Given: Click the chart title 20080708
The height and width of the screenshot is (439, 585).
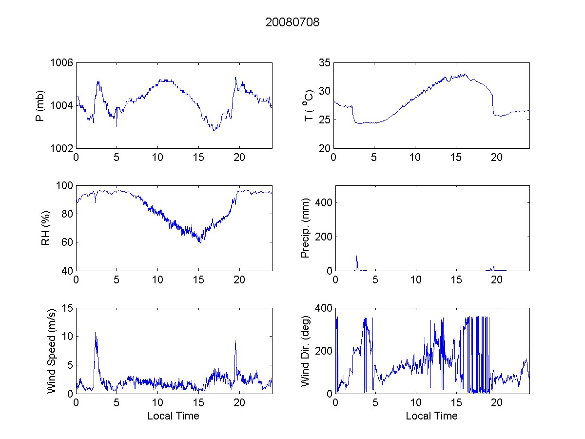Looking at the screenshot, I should pyautogui.click(x=292, y=22).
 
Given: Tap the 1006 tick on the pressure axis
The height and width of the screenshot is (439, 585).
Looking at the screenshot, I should pyautogui.click(x=62, y=63).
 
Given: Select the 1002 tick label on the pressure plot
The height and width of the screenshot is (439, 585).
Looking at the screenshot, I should pyautogui.click(x=62, y=148).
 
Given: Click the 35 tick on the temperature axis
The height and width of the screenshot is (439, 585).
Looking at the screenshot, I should pyautogui.click(x=325, y=63).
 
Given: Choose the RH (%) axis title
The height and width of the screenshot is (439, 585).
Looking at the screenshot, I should pyautogui.click(x=46, y=228).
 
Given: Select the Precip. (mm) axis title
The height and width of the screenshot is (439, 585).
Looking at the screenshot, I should pyautogui.click(x=306, y=228).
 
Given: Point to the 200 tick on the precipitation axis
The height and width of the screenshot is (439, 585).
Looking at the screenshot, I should pyautogui.click(x=323, y=237).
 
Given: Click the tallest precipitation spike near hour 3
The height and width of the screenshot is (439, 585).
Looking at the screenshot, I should pyautogui.click(x=356, y=256).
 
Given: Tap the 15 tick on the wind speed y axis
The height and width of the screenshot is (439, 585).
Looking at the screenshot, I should pyautogui.click(x=67, y=308).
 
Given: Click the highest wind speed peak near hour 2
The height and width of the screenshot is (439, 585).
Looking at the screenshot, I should pyautogui.click(x=96, y=333).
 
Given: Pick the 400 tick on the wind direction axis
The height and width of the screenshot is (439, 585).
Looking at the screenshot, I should pyautogui.click(x=323, y=308).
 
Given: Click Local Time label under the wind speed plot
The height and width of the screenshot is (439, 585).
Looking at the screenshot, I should pyautogui.click(x=173, y=416).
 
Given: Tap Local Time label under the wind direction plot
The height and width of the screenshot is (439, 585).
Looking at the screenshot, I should pyautogui.click(x=431, y=416).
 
